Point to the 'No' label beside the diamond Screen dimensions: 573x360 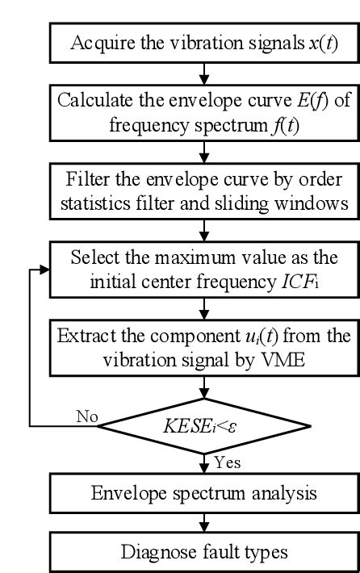(86, 416)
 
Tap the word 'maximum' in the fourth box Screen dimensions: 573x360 (195, 258)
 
